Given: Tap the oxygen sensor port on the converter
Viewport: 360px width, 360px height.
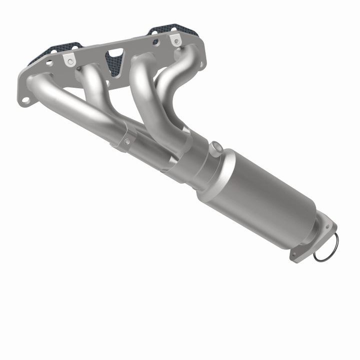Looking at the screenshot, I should [216, 147].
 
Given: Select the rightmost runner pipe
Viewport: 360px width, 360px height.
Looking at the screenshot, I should [175, 75].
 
